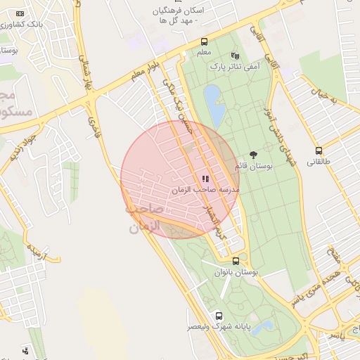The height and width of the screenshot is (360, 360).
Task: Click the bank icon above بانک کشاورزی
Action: (x=19, y=13)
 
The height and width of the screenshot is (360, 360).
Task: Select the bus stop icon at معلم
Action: (x=204, y=41)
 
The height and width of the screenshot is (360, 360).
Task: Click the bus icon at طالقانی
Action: (x=319, y=150)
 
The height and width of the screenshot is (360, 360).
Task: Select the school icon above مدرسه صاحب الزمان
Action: (x=205, y=179)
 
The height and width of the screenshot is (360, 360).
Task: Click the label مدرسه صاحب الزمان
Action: (x=205, y=190)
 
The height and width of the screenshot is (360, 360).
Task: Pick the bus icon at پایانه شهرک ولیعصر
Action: (x=219, y=316)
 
